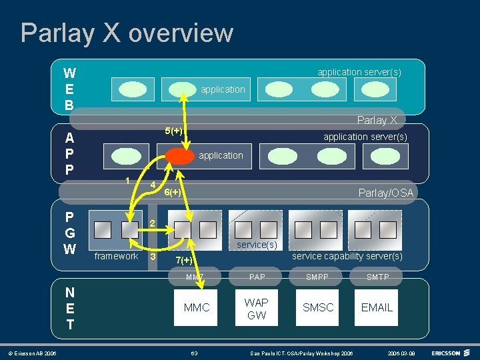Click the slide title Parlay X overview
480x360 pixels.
pos(127,33)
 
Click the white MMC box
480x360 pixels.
pos(196,307)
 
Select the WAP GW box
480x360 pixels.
pos(257,308)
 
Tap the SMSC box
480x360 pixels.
pos(317,307)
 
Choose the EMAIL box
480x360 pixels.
pos(377,307)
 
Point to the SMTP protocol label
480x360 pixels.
pos(377,277)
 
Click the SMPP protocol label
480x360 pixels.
pos(318,277)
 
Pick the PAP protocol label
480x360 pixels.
pos(257,277)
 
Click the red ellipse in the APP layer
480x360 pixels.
pos(179,155)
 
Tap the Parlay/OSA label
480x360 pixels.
pos(385,193)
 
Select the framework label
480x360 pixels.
pos(116,256)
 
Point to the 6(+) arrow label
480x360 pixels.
pos(172,193)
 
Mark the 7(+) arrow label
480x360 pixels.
pos(183,260)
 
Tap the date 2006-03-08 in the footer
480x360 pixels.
pos(403,352)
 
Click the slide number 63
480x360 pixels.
pos(194,352)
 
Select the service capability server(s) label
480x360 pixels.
pos(347,256)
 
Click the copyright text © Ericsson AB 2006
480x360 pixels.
pos(32,352)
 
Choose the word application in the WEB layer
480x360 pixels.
pos(223,89)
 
